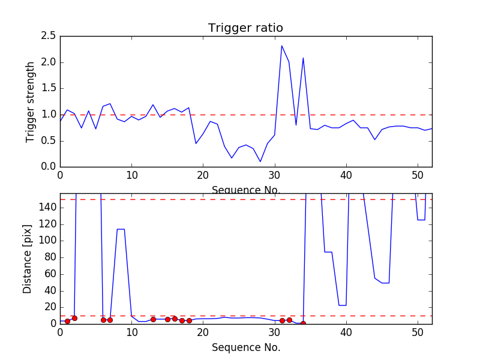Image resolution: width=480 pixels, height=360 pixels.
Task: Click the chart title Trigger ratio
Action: [245, 28]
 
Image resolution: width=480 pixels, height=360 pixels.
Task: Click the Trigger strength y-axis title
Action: [31, 101]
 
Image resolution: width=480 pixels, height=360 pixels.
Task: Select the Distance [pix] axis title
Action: [28, 259]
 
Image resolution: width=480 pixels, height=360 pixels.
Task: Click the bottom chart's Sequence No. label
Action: [245, 347]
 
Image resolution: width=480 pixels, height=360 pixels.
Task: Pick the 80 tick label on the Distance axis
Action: [49, 257]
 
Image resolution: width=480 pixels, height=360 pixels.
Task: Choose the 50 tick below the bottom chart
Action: [418, 334]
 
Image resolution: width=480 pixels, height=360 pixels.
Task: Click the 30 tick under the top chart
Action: [275, 176]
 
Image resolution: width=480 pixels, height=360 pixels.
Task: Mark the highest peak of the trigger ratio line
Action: [282, 46]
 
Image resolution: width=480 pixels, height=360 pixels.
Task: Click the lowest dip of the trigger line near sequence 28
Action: [260, 161]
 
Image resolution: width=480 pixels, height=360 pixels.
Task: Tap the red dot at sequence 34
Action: [303, 323]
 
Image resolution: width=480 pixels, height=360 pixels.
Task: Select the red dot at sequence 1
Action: [67, 321]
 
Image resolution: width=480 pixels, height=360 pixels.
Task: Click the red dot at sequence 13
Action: [153, 319]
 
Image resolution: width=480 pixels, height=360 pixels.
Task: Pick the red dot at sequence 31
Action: [282, 320]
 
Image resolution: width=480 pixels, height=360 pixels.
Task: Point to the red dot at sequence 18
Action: [189, 320]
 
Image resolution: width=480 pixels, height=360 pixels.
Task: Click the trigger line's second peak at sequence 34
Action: [303, 58]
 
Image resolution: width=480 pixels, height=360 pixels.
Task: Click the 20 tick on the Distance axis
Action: [49, 307]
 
